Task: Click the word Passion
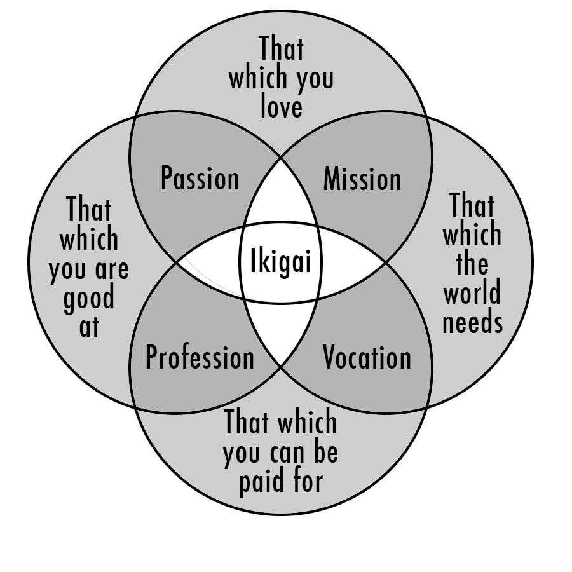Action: click(x=200, y=179)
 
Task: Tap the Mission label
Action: click(x=362, y=179)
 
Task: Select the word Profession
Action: click(x=200, y=358)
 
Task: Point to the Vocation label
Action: click(x=367, y=358)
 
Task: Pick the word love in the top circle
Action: click(x=281, y=106)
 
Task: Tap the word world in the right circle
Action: click(x=472, y=293)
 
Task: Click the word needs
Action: click(x=472, y=323)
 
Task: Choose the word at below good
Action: click(x=89, y=327)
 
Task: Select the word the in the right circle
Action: click(x=472, y=264)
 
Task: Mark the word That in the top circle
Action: click(x=281, y=49)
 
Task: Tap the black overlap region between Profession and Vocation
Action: click(x=281, y=330)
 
